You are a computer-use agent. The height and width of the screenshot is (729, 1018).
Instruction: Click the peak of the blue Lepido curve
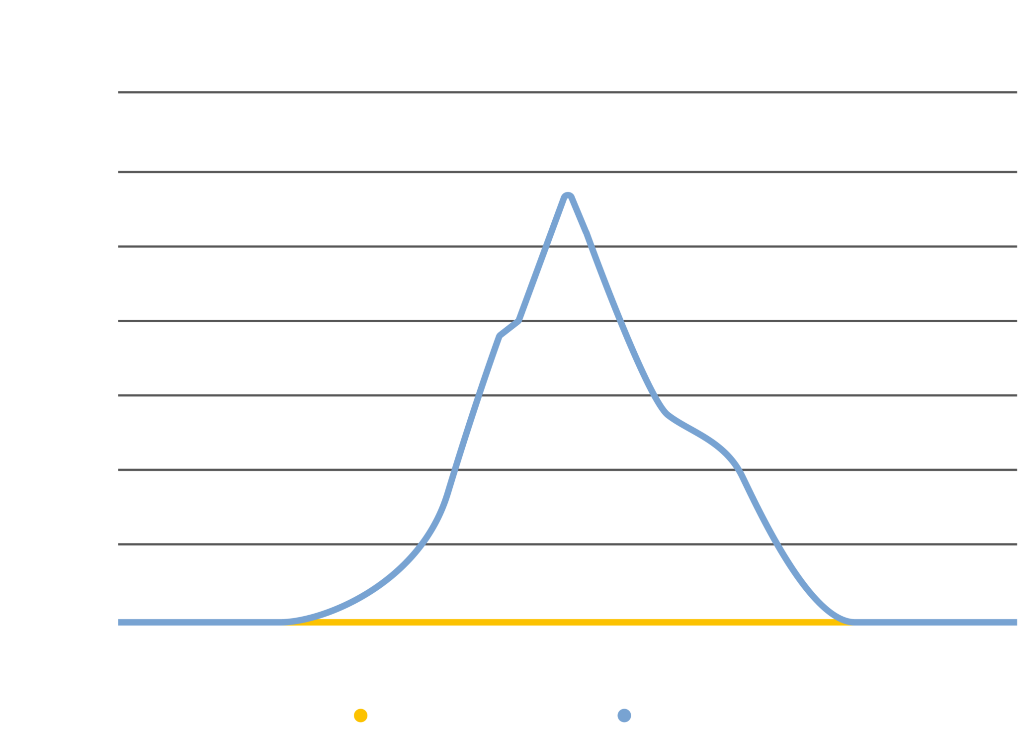[568, 195]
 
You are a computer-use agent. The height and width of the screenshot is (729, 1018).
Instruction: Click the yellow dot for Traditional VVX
[360, 716]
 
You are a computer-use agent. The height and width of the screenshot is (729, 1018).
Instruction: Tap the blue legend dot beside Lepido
[624, 716]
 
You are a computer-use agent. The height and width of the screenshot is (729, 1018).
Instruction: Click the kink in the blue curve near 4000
[518, 321]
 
